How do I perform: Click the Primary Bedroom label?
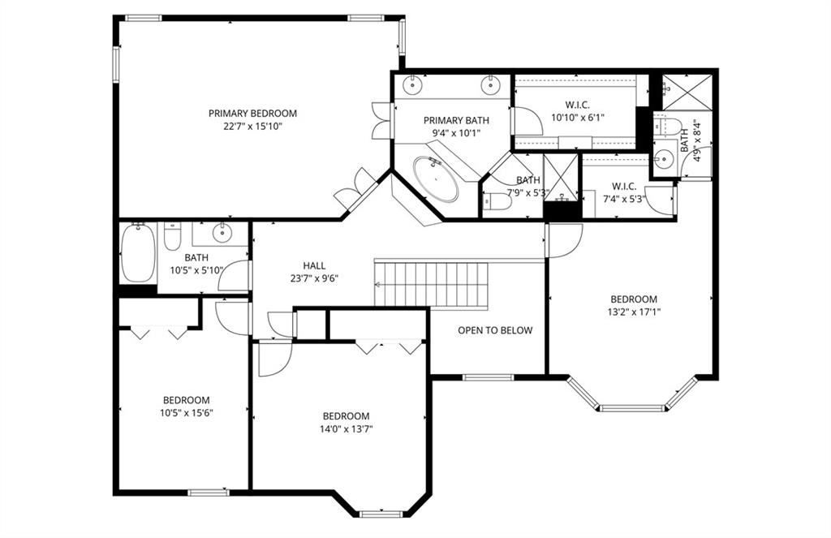coord(252,114)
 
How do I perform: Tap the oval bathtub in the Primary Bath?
coord(436,179)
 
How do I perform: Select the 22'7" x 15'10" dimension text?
coord(252,127)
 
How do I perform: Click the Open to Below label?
coord(495,330)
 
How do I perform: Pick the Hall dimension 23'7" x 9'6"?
coord(314,278)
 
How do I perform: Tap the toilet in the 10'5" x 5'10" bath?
coord(172,237)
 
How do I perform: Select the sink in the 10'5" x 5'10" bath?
coord(222,233)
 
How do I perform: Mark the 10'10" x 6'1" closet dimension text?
coord(577,117)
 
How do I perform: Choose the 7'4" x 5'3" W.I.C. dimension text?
coord(624,199)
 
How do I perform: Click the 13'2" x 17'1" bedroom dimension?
coord(634,311)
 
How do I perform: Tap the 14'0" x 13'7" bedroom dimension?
coord(346,428)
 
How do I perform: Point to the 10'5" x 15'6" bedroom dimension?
coord(186,412)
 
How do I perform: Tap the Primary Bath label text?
coord(456,121)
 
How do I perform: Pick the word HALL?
coord(314,265)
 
